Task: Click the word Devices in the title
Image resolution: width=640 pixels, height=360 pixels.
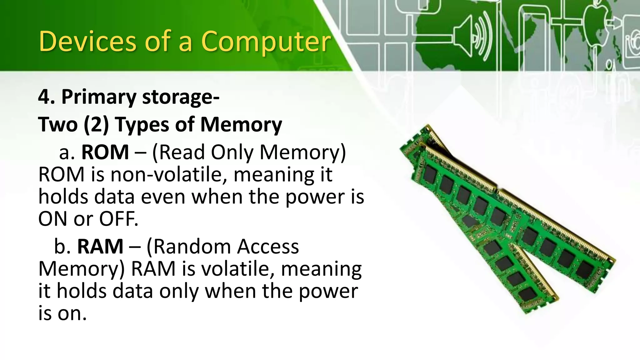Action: [88, 41]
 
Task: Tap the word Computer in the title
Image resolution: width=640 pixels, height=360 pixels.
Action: [266, 42]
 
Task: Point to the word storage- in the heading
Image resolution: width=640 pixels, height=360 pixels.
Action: [181, 97]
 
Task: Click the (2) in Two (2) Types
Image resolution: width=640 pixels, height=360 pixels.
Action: [96, 124]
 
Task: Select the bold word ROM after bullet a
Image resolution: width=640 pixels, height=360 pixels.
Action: [105, 152]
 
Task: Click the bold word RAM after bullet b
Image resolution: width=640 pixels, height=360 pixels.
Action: [100, 246]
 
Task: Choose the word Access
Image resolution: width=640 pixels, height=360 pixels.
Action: [268, 246]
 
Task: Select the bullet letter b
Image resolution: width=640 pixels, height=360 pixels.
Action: [61, 246]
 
